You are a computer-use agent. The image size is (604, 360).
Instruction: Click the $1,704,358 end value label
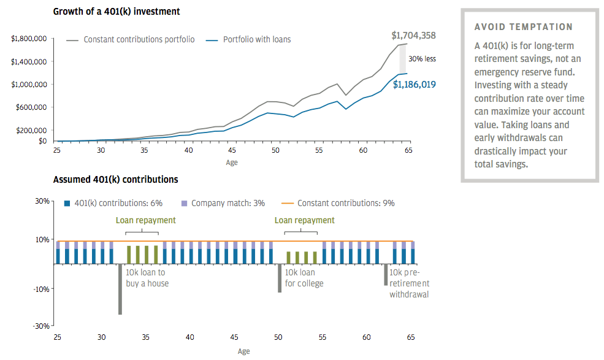point(413,36)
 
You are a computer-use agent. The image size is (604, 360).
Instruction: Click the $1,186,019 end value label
point(414,85)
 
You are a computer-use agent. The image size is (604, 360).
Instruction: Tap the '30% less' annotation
point(422,59)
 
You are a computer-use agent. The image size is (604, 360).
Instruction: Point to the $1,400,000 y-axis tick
point(29,62)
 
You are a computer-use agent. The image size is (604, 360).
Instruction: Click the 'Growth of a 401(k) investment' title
point(117,12)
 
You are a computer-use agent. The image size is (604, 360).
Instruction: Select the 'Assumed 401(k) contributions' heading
point(116,180)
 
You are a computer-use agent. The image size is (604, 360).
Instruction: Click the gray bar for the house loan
point(120,289)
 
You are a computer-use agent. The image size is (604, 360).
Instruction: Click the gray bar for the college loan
point(280,278)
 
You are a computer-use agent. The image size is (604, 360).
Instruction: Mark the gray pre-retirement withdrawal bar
point(386,275)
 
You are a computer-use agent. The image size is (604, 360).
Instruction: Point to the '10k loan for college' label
point(304,278)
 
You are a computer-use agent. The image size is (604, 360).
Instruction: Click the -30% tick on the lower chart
point(42,326)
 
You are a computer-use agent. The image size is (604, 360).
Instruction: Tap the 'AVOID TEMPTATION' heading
point(524,27)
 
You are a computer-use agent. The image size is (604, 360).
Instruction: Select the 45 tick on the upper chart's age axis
point(232,150)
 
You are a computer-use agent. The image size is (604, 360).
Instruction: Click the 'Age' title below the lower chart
point(243,351)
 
